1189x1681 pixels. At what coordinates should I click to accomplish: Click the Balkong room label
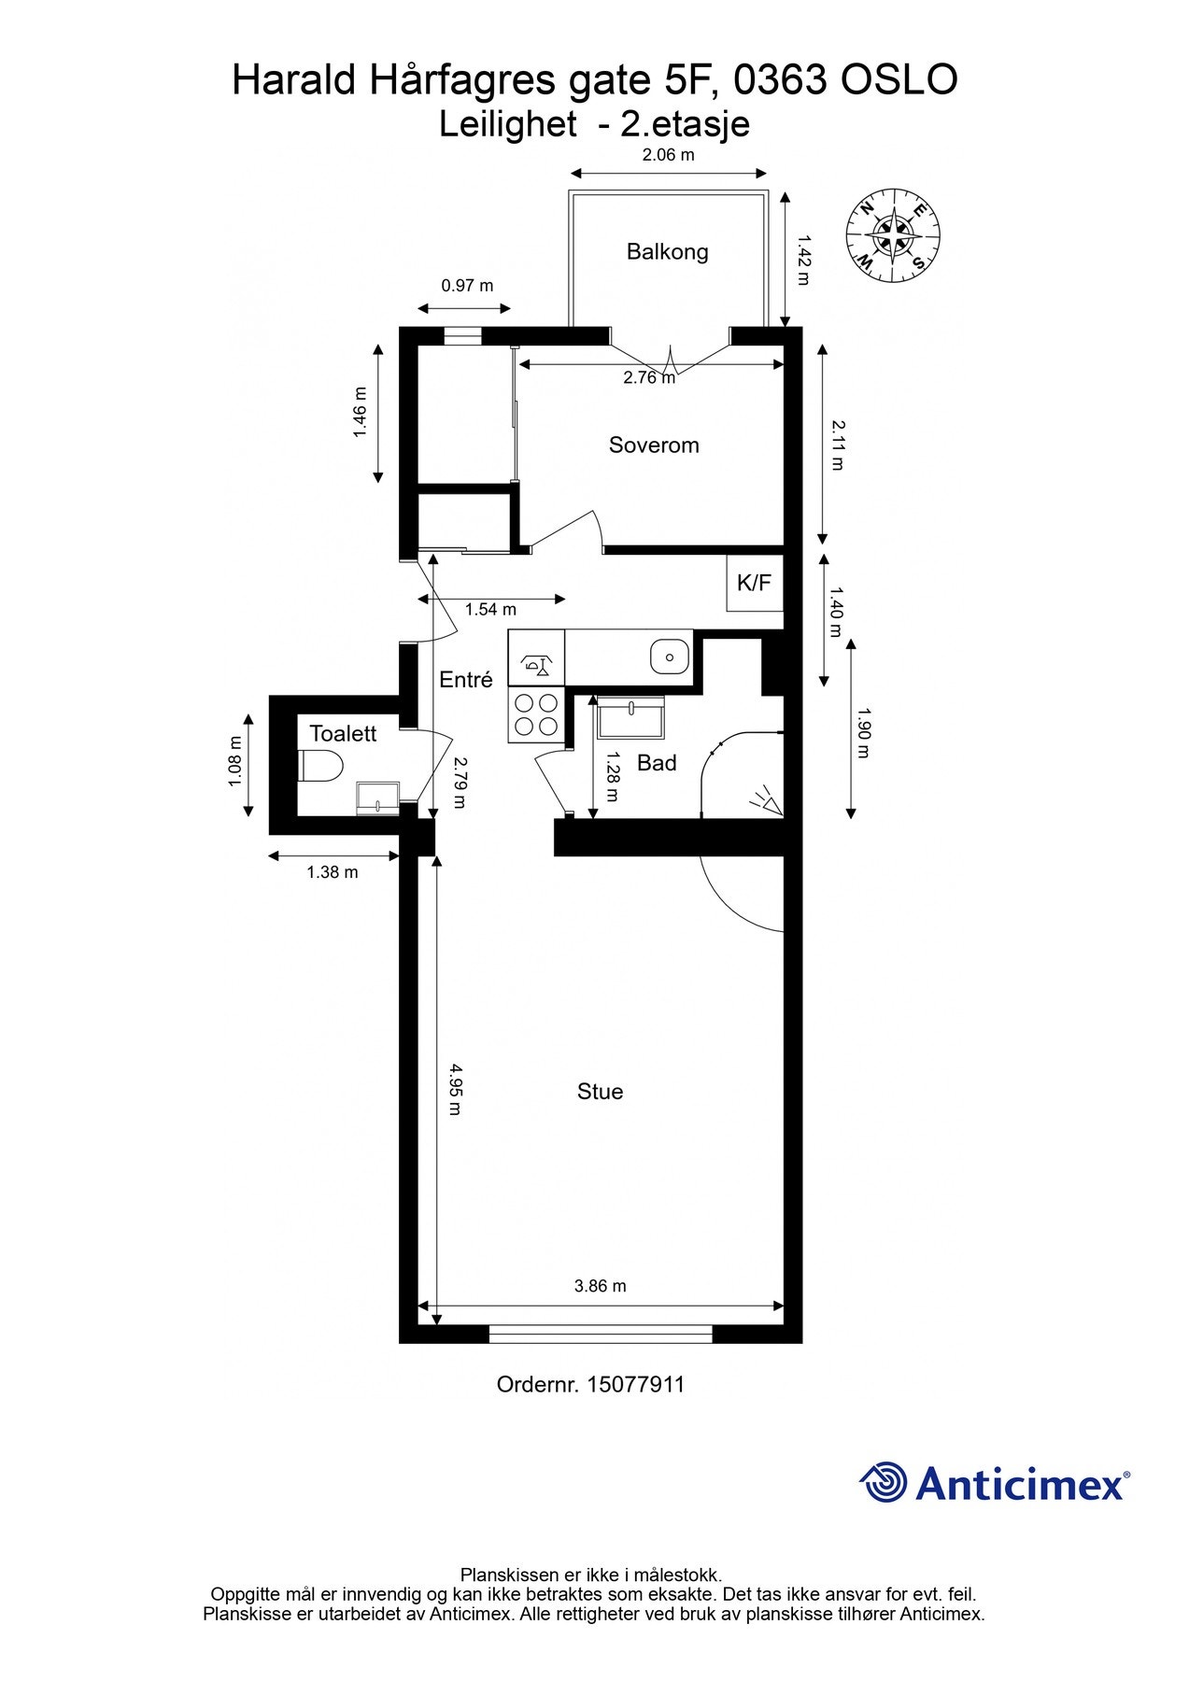tap(667, 251)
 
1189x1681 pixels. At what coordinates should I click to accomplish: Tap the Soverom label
tap(654, 445)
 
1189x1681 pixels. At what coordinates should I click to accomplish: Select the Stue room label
tap(600, 1091)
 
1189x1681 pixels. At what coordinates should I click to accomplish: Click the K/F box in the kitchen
tap(755, 583)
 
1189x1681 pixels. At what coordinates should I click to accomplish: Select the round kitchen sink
tap(669, 656)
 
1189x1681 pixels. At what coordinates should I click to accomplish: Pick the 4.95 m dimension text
tap(455, 1089)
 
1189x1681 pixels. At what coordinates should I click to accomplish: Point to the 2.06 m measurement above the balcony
tap(668, 155)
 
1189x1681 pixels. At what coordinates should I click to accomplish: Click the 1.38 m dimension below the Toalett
tap(333, 872)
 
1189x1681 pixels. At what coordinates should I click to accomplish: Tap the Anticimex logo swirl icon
tap(883, 1482)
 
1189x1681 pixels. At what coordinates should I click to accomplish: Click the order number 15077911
tap(635, 1384)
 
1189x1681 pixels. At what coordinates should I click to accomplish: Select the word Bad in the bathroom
tap(657, 763)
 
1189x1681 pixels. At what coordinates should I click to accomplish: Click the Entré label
tap(466, 680)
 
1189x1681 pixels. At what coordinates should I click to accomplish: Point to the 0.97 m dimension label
tap(467, 286)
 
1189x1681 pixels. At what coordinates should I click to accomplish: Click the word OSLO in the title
tap(899, 80)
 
